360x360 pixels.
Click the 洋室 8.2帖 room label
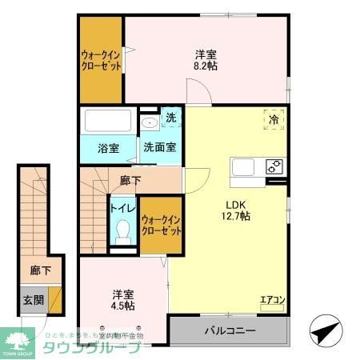[x=206, y=61]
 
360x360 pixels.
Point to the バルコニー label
[x=229, y=330]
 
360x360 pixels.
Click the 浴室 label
[x=108, y=149]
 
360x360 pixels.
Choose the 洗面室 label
[x=160, y=149]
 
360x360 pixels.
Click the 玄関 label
[x=33, y=300]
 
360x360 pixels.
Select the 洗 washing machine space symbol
[x=170, y=118]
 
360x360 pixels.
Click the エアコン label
[x=272, y=301]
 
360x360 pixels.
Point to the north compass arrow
[x=325, y=330]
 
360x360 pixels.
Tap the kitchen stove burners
[x=274, y=166]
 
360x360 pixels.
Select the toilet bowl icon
[x=122, y=231]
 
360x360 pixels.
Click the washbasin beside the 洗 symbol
[x=149, y=125]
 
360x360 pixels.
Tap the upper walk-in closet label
[x=101, y=61]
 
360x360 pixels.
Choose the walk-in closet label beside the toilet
[x=160, y=223]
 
